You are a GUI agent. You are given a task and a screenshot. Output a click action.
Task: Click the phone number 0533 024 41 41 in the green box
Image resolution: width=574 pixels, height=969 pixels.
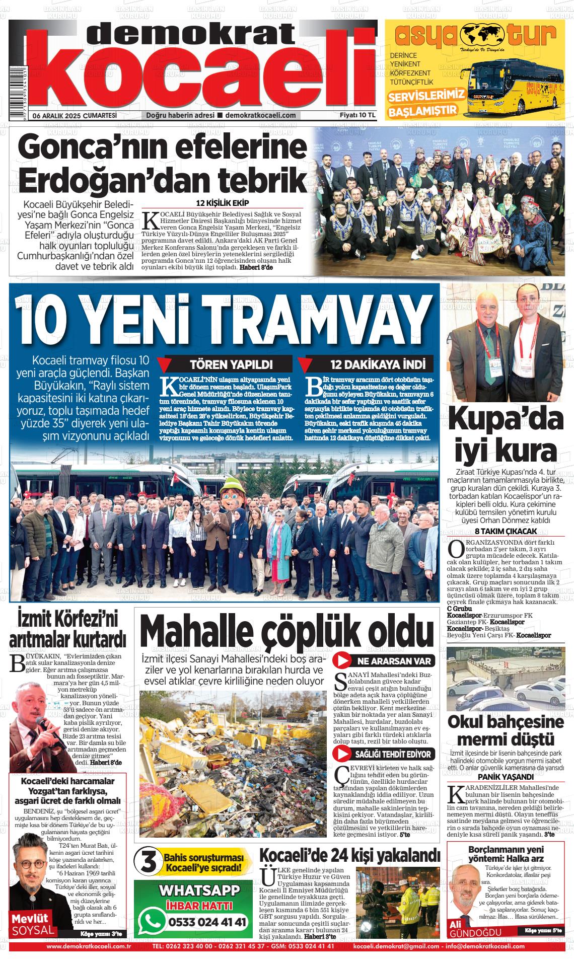208,922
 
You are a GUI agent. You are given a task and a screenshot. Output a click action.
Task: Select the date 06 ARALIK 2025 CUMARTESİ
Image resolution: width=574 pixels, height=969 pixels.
75,115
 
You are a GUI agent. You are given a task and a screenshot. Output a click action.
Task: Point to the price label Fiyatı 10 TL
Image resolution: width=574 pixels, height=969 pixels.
358,115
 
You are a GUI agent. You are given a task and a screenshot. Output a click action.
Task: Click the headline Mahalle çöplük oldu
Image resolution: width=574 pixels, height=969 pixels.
286,630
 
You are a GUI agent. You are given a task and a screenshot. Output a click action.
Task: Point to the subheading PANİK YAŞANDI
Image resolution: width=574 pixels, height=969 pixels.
505,776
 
